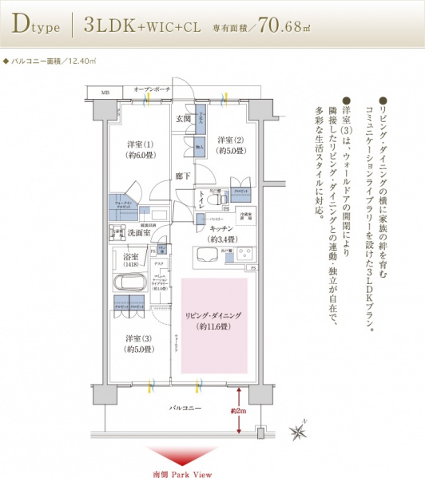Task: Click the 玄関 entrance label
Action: pyautogui.click(x=183, y=119)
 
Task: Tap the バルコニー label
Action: pyautogui.click(x=184, y=408)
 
